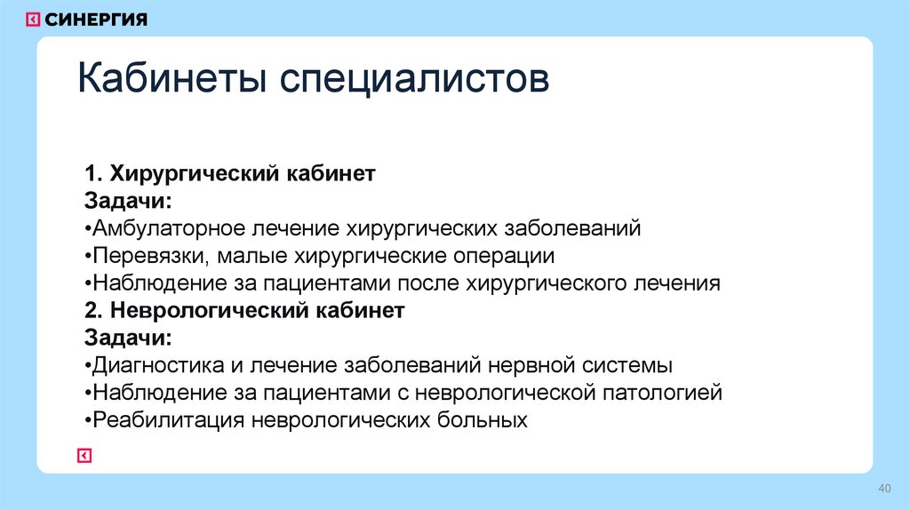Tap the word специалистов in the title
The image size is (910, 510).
415,81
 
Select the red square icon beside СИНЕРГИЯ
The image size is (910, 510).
33,20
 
